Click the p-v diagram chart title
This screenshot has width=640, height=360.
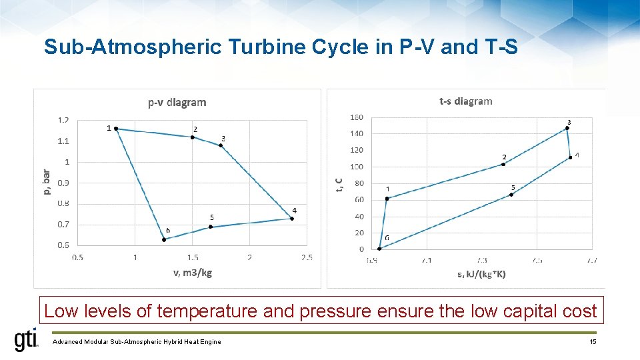click(x=177, y=102)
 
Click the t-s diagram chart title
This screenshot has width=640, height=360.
click(x=465, y=101)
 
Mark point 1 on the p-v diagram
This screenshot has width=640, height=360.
click(x=116, y=128)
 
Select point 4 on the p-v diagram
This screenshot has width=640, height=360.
click(x=292, y=218)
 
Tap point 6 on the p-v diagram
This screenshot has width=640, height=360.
click(x=164, y=239)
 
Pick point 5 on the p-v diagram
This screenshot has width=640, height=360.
click(x=211, y=227)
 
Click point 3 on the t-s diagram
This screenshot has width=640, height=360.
click(x=567, y=128)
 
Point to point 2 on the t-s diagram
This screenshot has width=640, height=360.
click(x=503, y=164)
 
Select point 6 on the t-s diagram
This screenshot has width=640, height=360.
click(x=379, y=249)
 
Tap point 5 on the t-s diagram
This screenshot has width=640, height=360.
click(x=511, y=195)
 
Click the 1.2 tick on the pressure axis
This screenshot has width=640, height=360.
click(x=63, y=120)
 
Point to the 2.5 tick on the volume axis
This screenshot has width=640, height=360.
click(x=307, y=257)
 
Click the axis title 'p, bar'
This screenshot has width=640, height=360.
click(x=46, y=182)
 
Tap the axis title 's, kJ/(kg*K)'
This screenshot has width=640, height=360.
click(x=481, y=274)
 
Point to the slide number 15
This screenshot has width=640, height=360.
click(x=592, y=342)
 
